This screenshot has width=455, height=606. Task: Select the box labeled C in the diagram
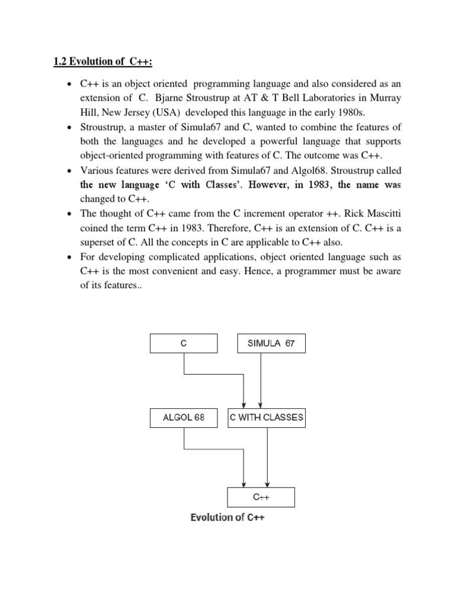click(184, 343)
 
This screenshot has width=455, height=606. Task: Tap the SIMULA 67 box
click(271, 343)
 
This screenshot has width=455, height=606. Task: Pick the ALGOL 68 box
click(184, 417)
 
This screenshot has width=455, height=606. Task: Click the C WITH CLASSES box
click(267, 417)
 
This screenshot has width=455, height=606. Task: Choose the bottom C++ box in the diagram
click(261, 497)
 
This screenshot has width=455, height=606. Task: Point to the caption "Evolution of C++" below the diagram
click(227, 517)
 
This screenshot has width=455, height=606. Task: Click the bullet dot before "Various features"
click(70, 171)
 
